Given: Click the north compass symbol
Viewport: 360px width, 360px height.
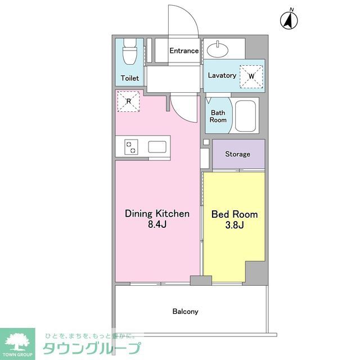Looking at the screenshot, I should click(x=289, y=20).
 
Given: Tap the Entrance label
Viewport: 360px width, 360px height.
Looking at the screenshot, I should click(x=184, y=51).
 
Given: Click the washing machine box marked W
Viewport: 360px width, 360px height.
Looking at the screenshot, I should click(x=251, y=75).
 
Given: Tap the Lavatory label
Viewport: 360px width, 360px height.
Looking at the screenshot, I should click(x=222, y=75).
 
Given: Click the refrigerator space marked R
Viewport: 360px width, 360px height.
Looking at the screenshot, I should click(x=128, y=101).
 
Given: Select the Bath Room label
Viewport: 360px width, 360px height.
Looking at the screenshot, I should click(x=218, y=116).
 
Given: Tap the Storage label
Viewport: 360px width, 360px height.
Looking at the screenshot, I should click(x=237, y=154).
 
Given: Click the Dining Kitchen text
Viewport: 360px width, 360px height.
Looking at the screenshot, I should click(x=157, y=214).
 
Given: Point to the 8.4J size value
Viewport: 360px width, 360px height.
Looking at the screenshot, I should click(x=157, y=225).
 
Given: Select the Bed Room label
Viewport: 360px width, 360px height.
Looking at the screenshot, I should click(x=235, y=214).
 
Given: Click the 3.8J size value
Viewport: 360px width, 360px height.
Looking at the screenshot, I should click(x=235, y=226).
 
